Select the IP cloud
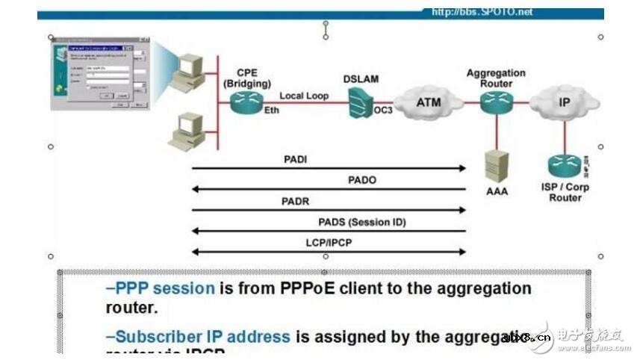[564, 103]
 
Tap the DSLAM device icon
[361, 102]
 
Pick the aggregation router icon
[495, 102]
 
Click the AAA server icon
[496, 165]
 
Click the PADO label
[362, 180]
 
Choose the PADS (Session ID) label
[361, 222]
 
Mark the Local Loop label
[304, 96]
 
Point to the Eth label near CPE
[271, 110]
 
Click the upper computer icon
[189, 71]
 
